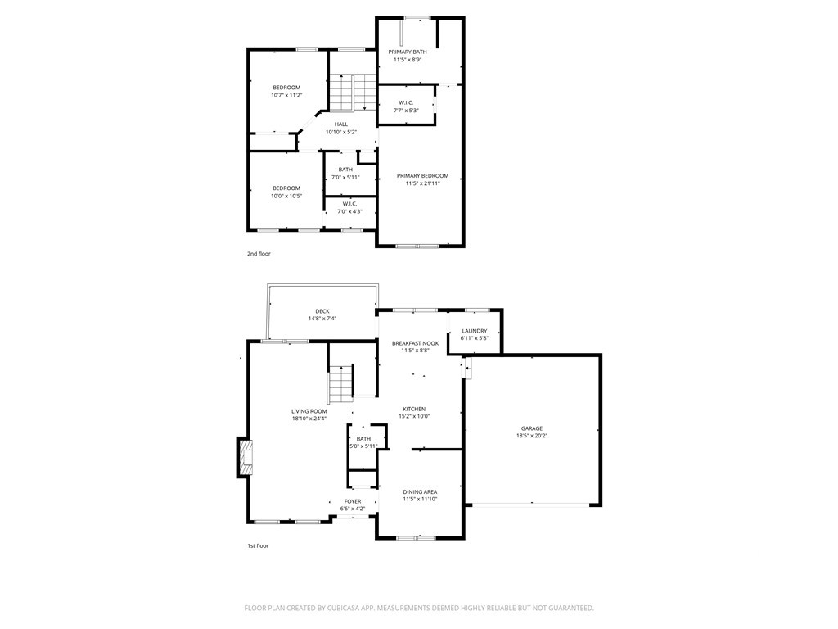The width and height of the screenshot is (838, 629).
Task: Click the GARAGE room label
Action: tap(532, 428)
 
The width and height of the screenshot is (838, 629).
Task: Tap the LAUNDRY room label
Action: tap(475, 331)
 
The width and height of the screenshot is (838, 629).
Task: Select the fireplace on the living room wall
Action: tap(245, 457)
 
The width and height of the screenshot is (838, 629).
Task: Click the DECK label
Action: tap(322, 310)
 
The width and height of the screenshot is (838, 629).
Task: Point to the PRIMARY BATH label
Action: tap(408, 52)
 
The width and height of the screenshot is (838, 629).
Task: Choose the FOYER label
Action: tap(353, 501)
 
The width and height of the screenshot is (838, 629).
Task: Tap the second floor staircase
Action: tap(353, 93)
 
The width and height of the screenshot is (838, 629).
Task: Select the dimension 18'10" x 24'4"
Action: tap(309, 419)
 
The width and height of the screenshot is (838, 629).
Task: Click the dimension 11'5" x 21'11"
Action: tap(422, 183)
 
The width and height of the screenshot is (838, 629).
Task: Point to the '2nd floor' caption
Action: tap(259, 254)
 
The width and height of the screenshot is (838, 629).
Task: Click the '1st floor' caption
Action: tap(258, 546)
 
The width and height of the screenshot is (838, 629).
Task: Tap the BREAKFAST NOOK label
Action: tap(415, 343)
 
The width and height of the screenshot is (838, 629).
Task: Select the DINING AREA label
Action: tap(420, 491)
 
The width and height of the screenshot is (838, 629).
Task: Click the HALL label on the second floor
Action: tap(341, 124)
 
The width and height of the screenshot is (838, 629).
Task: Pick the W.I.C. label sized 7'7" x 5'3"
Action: tap(406, 102)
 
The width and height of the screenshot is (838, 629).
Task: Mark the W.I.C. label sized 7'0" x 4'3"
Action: tap(349, 204)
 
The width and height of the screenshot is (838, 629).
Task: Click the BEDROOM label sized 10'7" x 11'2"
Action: tap(286, 87)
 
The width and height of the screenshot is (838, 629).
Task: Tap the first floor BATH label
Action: tap(363, 439)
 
